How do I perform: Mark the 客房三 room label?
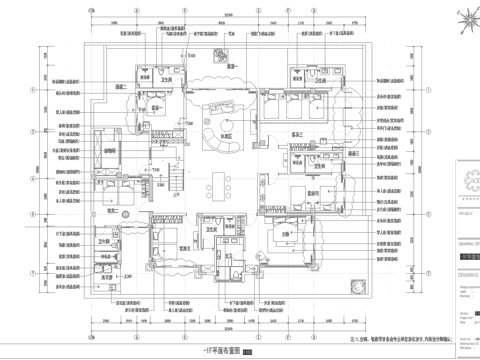[296, 134]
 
